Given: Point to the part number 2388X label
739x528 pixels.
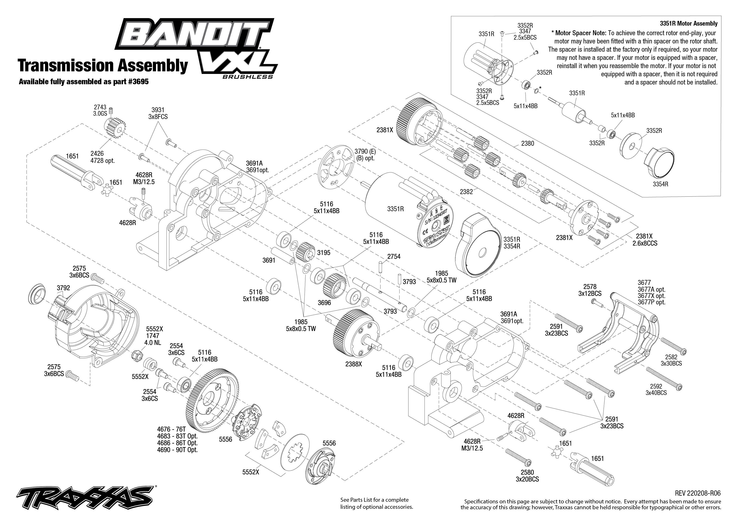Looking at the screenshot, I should click(x=353, y=364).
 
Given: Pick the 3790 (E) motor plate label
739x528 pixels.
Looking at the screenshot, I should click(x=365, y=155).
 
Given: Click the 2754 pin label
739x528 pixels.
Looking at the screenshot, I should click(x=394, y=256).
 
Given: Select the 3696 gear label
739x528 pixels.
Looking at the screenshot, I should click(x=324, y=303).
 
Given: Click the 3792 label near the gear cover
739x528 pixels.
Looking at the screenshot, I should click(x=63, y=288).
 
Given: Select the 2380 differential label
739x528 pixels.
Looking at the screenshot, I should click(x=527, y=143).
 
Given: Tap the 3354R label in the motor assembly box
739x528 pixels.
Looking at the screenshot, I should click(x=661, y=184).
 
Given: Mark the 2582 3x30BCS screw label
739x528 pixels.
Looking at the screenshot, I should click(x=671, y=360).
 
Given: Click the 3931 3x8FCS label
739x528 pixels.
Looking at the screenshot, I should click(x=158, y=113).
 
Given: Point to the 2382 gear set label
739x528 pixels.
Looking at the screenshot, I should click(x=466, y=192).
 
